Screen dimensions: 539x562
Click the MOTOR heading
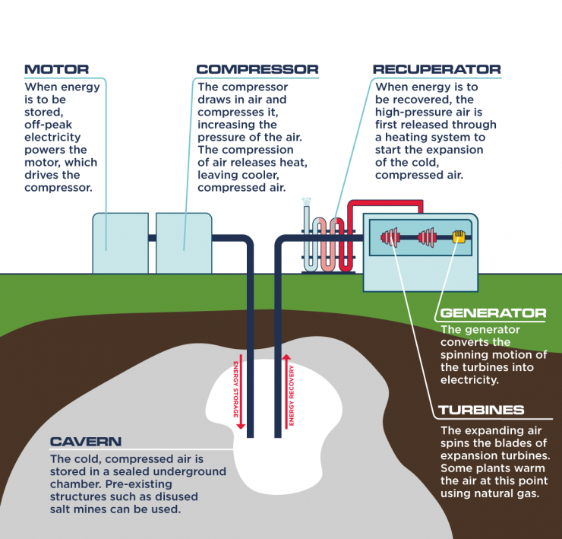tap(56, 69)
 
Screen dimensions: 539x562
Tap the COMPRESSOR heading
tap(257, 69)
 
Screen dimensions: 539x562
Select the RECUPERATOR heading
tap(437, 69)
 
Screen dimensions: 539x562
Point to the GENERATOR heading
tap(493, 313)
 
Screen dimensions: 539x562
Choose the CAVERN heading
tap(85, 442)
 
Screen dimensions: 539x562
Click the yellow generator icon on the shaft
tap(458, 237)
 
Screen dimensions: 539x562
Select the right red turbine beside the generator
tap(425, 237)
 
